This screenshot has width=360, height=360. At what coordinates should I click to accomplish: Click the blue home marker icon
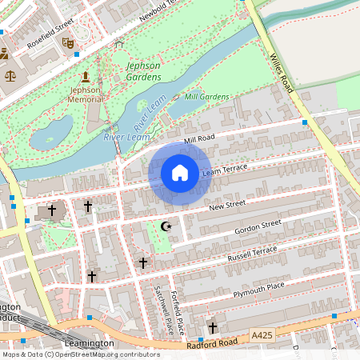pyautogui.click(x=180, y=173)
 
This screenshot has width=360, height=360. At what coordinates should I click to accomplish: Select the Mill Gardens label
pyautogui.click(x=206, y=97)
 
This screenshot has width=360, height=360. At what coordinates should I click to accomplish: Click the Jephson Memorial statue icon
pyautogui.click(x=85, y=77)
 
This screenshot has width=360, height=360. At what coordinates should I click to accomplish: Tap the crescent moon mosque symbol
pyautogui.click(x=166, y=227)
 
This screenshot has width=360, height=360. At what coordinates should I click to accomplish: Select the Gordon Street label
pyautogui.click(x=258, y=228)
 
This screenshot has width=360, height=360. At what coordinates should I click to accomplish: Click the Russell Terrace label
pyautogui.click(x=253, y=254)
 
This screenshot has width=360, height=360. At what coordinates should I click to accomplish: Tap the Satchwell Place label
pyautogui.click(x=158, y=310)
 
